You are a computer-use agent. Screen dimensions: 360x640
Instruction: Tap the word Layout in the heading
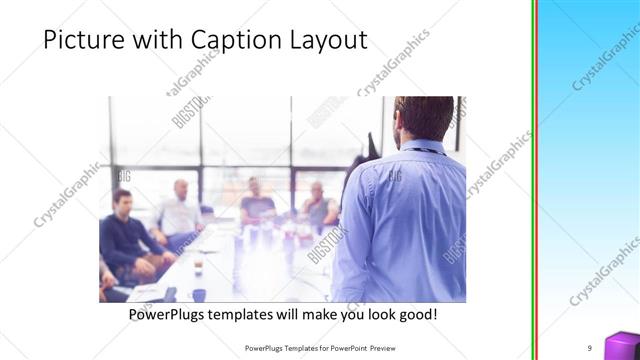pos(328,41)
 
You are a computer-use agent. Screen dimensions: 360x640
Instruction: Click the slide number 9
pos(590,347)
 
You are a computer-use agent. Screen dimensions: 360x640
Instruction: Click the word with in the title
pos(156,41)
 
